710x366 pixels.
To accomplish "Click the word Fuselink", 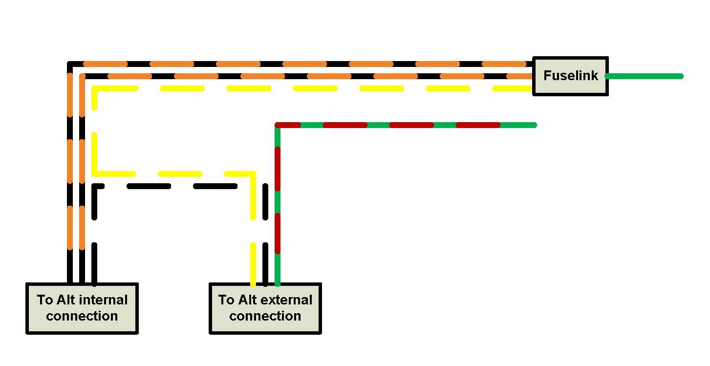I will tap(570, 76).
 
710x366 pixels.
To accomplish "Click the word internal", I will tap(103, 300).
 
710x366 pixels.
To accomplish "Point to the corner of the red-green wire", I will tap(278, 126).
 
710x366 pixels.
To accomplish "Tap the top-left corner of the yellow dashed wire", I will tap(94, 89).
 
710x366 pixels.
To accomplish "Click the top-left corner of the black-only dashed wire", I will tap(95, 187).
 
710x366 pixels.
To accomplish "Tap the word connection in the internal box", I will tap(82, 316).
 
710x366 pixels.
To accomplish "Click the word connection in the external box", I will tap(265, 316).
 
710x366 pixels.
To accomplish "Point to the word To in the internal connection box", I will tap(44, 300).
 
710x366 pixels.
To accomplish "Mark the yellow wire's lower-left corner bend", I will tap(94, 173).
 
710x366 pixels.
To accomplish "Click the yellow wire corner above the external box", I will tap(253, 174).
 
